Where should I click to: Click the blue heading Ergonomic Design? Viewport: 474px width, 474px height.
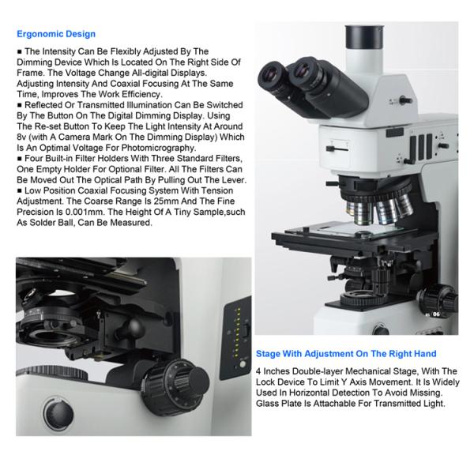click(56, 34)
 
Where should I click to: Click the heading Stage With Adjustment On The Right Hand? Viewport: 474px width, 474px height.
click(346, 354)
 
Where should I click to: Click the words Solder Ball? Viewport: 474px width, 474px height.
click(58, 223)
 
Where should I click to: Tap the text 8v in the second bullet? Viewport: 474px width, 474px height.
click(21, 137)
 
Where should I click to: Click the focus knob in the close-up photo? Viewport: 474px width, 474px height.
click(176, 382)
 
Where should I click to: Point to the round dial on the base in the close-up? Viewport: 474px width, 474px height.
click(58, 413)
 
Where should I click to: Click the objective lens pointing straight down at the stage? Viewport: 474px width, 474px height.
click(363, 213)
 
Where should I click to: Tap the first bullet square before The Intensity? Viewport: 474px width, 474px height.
click(20, 51)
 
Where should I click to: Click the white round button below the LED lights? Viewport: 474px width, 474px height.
click(243, 364)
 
